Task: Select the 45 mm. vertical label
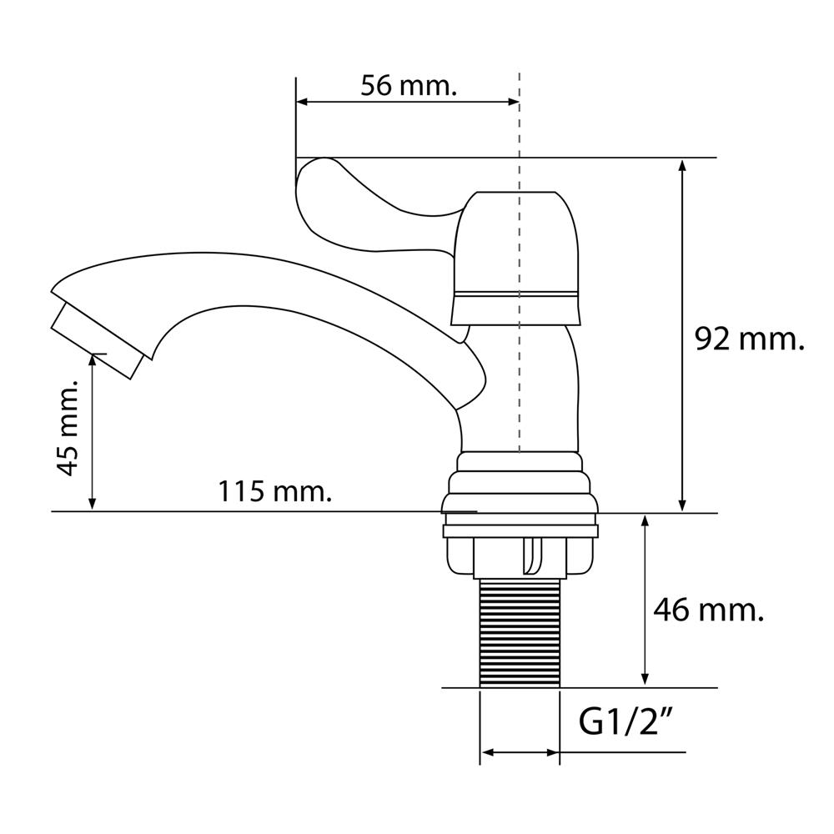(68, 428)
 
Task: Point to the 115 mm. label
(275, 491)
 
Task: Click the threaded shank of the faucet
(520, 633)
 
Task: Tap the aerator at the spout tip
(98, 341)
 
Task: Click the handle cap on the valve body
(515, 258)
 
